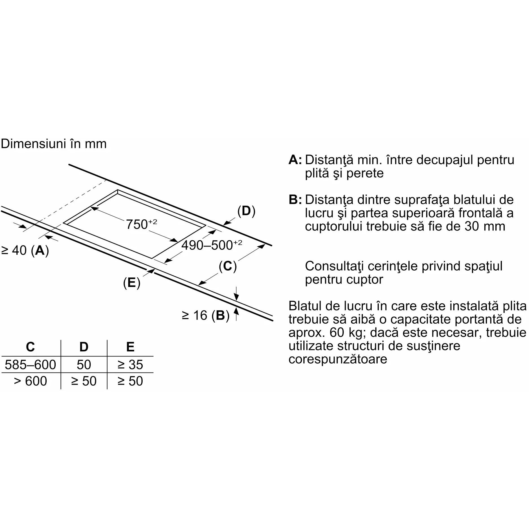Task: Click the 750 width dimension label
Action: coord(141,224)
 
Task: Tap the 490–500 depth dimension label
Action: coord(212,245)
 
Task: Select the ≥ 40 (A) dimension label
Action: coord(25,251)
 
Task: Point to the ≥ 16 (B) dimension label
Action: coord(206,315)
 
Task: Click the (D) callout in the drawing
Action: coord(246,211)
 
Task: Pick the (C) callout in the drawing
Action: coord(228,266)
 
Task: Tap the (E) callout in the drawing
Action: coord(132,283)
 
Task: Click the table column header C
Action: coord(30,347)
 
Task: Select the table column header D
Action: coord(84,347)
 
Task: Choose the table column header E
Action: coord(130,347)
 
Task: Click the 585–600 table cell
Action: coord(31,365)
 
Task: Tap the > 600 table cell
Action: coord(31,381)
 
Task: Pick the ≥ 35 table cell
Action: coord(130,365)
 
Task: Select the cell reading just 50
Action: coord(84,365)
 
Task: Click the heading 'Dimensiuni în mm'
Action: coord(54,144)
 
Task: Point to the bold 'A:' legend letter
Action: coord(295,160)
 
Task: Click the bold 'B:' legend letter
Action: coord(295,200)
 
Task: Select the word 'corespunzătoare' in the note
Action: coord(338,360)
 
